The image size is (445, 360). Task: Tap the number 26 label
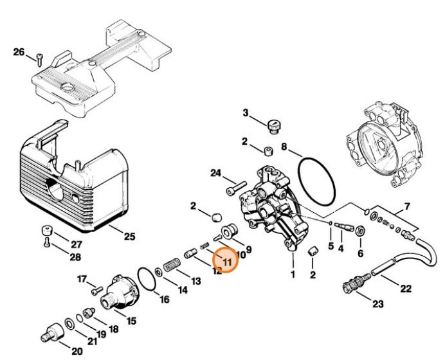point(19,52)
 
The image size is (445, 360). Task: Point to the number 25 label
point(129,237)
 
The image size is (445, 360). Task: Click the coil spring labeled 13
point(171,264)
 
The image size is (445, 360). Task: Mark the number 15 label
point(131,320)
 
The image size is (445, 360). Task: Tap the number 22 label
point(405,289)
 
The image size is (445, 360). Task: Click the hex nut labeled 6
point(360,231)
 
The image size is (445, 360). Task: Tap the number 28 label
point(76,258)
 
